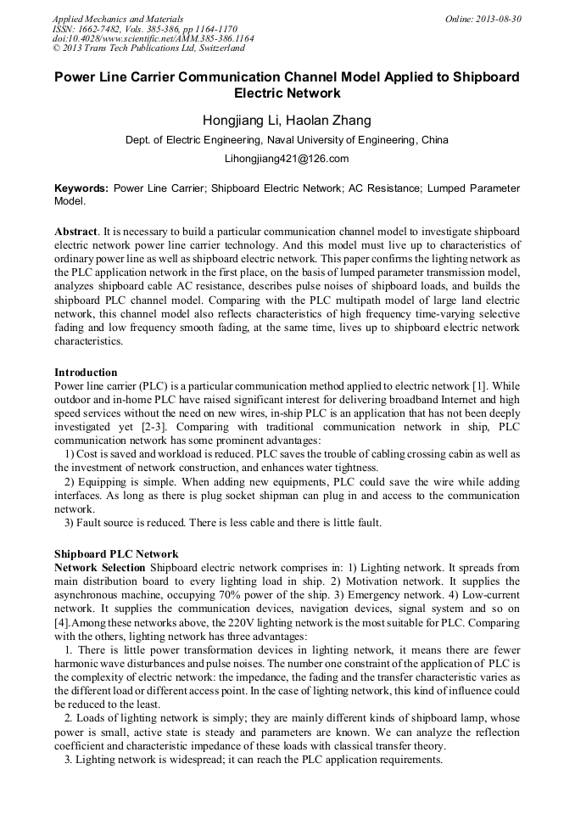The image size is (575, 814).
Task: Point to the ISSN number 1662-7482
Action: tap(98, 29)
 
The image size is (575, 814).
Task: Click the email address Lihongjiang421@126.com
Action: tap(287, 159)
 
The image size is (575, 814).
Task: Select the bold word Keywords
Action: tap(81, 188)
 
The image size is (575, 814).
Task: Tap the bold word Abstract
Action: tap(75, 232)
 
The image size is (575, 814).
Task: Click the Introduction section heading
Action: tap(86, 373)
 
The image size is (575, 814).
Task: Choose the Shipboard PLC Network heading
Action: tap(116, 554)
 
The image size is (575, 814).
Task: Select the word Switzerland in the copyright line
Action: tap(216, 49)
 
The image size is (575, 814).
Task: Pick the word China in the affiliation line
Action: tap(435, 139)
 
